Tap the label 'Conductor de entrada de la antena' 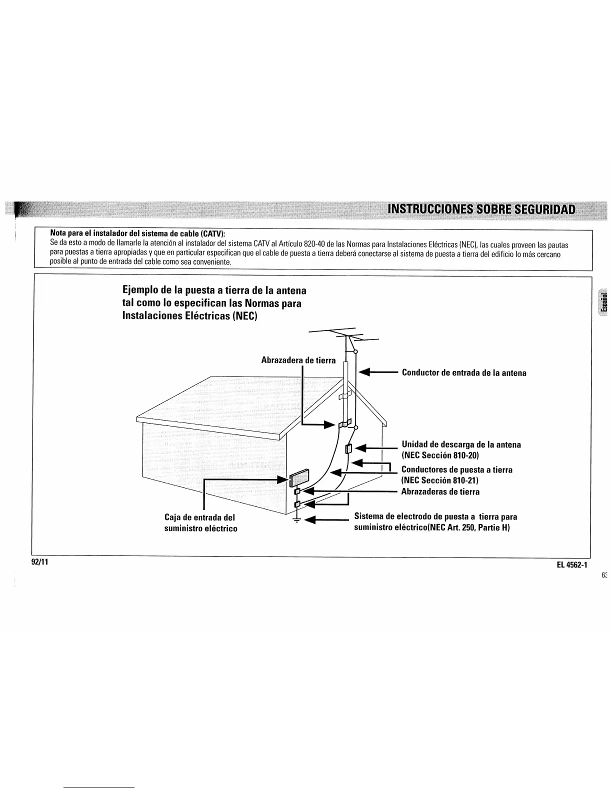(x=463, y=373)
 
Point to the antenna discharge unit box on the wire (x=348, y=448)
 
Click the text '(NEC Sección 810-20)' (x=440, y=455)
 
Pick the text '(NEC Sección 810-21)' (x=440, y=480)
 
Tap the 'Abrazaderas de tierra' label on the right (x=440, y=492)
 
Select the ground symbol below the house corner (x=297, y=520)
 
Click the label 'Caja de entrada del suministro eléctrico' (x=200, y=522)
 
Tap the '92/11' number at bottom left (x=39, y=561)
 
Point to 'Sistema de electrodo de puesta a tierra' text (x=435, y=516)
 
